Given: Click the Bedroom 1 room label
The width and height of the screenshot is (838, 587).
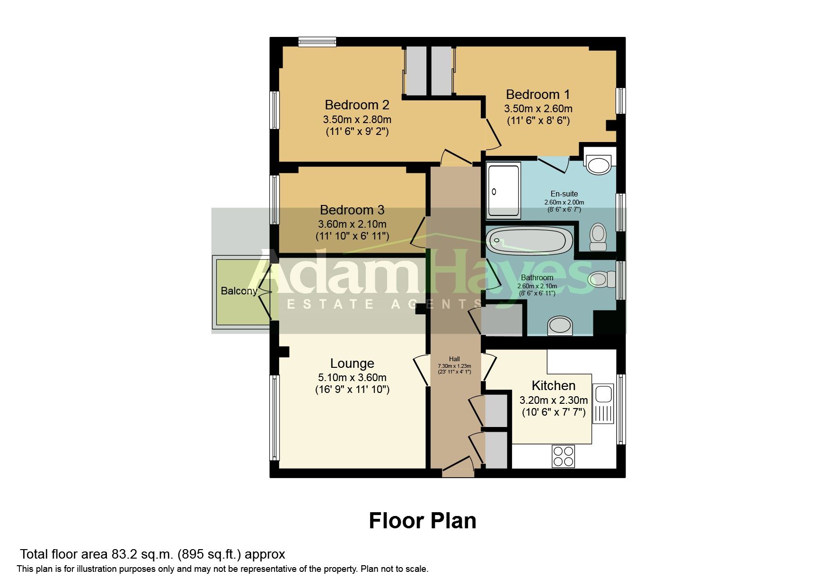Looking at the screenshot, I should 538,95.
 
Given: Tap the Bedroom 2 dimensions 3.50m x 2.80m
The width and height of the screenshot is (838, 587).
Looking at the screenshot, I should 357,119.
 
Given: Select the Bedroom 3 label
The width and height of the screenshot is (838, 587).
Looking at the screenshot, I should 352,210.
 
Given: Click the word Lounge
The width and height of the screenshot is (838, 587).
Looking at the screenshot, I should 352,363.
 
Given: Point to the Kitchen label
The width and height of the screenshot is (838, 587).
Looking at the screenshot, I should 553,385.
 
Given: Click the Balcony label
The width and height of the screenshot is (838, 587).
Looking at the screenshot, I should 239,291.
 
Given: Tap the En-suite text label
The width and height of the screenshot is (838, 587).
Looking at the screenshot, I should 564,194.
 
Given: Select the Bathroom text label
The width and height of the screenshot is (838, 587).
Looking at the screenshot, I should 537,278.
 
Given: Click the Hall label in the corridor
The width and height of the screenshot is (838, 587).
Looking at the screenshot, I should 454,359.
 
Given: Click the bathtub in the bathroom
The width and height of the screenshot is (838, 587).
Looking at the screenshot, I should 530,240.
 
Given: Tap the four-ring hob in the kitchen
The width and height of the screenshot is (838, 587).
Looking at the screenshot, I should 563,456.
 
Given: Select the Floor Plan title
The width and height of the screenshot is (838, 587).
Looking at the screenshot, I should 422,521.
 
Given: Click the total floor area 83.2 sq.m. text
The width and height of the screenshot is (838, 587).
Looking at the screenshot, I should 152,554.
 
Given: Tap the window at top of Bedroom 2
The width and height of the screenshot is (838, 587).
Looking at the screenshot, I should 317,42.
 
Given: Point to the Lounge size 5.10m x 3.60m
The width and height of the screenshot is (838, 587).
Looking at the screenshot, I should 352,378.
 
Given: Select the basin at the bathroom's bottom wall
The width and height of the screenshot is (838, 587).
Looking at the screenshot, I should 560,326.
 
